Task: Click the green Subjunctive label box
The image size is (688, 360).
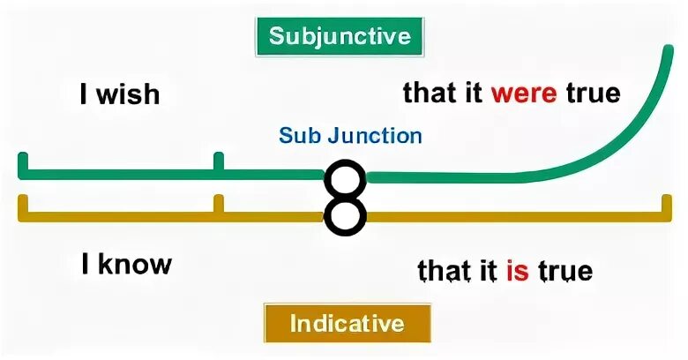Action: coord(340,37)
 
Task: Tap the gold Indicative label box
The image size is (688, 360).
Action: coord(348,323)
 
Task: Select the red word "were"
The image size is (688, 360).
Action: coord(524,93)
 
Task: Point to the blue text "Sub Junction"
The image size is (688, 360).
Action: coord(350,136)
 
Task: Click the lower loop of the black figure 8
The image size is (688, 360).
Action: coord(345,216)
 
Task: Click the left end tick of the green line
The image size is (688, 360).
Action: coord(23,163)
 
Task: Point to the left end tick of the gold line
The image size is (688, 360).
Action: coord(23,205)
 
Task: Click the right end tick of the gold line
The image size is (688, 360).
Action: coord(666,205)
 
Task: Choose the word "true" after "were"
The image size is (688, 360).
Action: coord(593,93)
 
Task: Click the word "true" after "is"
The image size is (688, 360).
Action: coord(565,270)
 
